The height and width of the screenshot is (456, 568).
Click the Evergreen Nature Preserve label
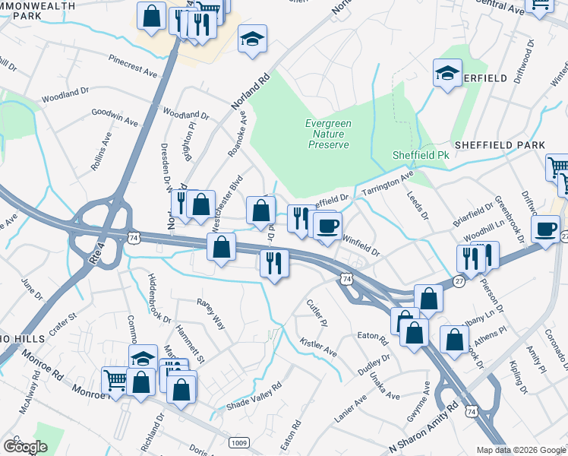[327, 134]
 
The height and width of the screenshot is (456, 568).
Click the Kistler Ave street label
[318, 348]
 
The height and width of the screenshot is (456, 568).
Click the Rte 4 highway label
[97, 251]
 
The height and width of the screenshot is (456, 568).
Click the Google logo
[25, 446]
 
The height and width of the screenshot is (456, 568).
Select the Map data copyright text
[520, 450]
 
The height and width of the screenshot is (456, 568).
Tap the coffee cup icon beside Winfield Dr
[327, 226]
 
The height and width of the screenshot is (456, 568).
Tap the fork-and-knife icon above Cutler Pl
[272, 263]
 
